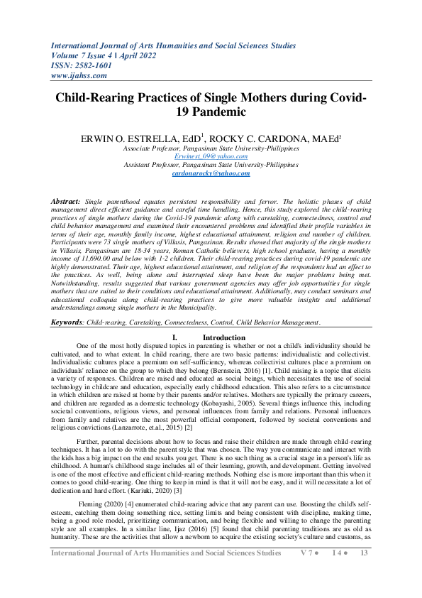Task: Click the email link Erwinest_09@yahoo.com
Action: pyautogui.click(x=211, y=156)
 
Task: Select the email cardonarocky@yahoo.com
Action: pyautogui.click(x=211, y=173)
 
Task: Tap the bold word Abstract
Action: pyautogui.click(x=65, y=202)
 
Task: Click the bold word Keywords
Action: pyautogui.click(x=67, y=322)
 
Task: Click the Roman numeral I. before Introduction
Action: pyautogui.click(x=165, y=337)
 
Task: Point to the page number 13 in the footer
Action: pyautogui.click(x=364, y=572)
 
